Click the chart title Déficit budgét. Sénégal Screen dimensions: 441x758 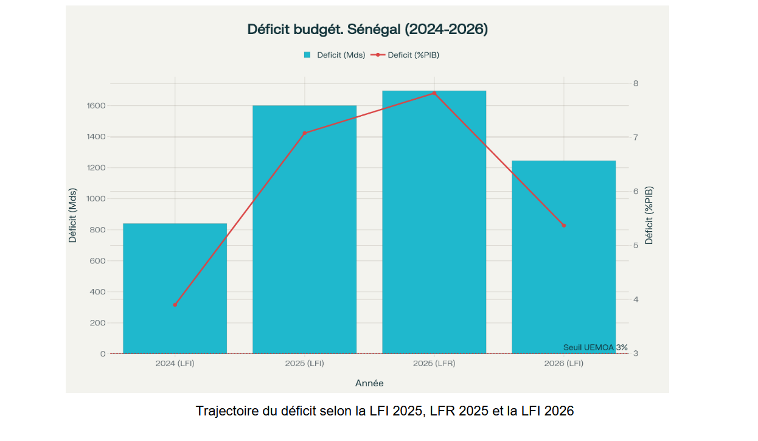click(x=367, y=29)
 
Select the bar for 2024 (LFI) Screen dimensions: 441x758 click(x=175, y=288)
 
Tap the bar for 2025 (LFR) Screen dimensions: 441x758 click(x=434, y=222)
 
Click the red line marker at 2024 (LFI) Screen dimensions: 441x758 click(x=175, y=305)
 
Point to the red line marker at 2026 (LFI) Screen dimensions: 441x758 click(x=563, y=226)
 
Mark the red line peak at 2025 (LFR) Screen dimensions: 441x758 click(x=434, y=93)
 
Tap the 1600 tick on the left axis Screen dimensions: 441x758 click(x=96, y=106)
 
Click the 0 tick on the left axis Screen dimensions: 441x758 click(x=103, y=354)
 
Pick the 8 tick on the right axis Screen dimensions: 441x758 click(x=636, y=83)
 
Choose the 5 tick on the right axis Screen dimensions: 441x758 click(x=636, y=246)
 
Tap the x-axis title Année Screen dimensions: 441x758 click(x=369, y=383)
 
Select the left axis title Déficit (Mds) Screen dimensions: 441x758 click(x=73, y=215)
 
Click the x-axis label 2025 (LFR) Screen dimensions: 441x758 click(x=434, y=364)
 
